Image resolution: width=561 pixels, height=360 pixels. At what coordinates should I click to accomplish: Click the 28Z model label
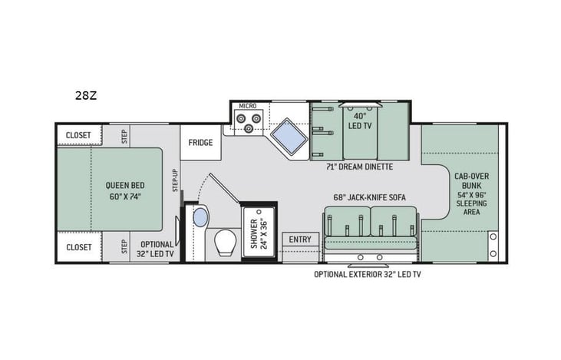86,95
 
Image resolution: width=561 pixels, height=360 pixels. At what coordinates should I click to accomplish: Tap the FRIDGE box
200,143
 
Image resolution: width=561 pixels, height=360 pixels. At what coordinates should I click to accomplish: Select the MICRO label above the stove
248,106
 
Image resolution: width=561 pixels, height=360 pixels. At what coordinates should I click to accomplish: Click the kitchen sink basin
289,136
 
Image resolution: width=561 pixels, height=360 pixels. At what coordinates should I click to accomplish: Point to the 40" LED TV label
360,121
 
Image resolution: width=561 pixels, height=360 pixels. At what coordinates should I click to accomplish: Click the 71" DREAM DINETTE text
359,167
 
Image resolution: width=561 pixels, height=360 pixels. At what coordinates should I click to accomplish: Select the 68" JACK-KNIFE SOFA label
370,197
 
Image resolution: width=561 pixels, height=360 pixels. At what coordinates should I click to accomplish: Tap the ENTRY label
300,239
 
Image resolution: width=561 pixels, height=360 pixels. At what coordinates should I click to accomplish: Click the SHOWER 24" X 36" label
259,233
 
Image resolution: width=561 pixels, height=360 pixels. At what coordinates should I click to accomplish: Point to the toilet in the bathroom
227,243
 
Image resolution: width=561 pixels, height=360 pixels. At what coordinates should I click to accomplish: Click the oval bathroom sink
200,217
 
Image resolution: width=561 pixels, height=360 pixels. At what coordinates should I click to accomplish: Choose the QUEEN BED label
125,185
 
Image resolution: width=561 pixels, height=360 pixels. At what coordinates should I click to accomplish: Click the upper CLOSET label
78,135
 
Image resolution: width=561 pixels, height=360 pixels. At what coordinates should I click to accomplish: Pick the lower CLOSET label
79,247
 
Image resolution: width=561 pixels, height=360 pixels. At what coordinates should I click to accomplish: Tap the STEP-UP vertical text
175,180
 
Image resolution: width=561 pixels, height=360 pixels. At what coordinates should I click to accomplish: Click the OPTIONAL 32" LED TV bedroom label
157,249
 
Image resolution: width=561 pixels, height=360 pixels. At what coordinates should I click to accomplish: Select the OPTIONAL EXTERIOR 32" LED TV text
368,275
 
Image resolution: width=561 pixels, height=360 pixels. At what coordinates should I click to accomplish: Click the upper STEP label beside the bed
124,137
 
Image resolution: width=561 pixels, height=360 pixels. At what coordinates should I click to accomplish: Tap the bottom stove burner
249,127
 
